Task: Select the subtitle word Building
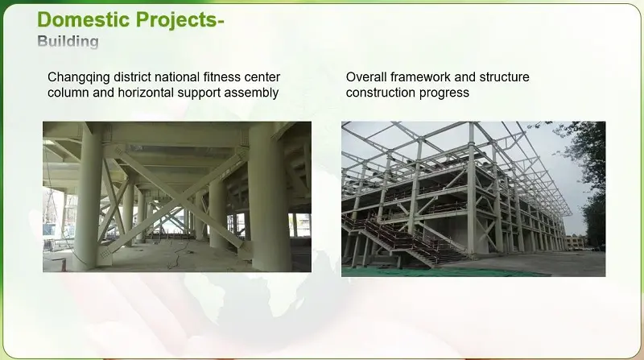[68, 41]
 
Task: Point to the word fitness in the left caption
[224, 77]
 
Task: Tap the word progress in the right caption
[444, 93]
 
